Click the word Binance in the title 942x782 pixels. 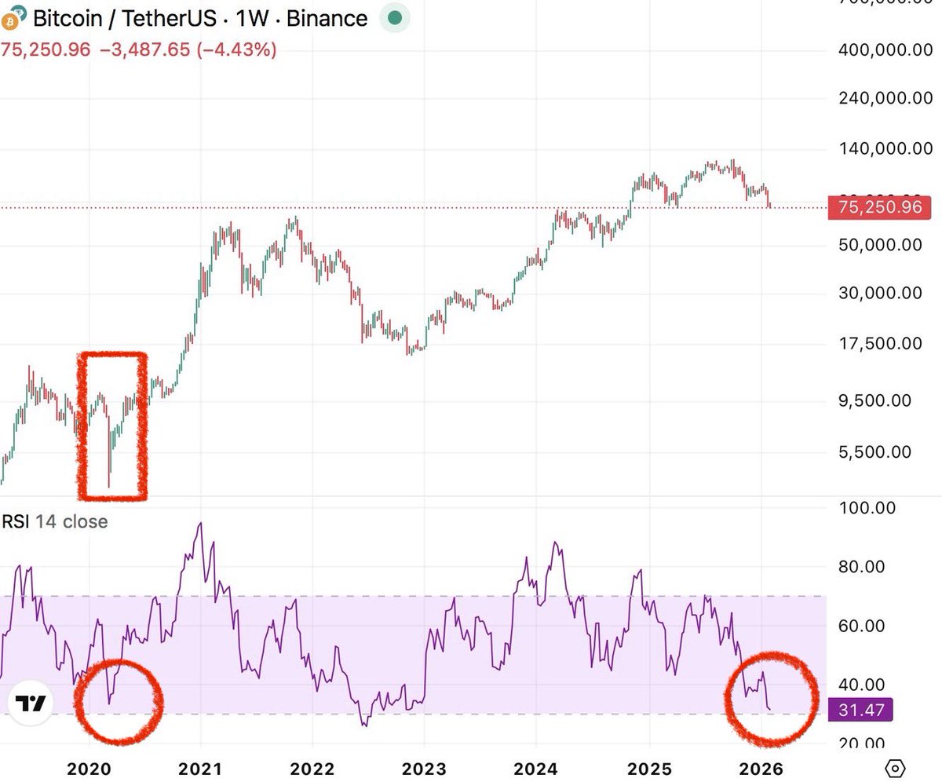coord(327,18)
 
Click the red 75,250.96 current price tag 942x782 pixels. coord(880,207)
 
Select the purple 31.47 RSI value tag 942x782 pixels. coord(861,711)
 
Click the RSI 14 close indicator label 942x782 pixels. coord(55,521)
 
